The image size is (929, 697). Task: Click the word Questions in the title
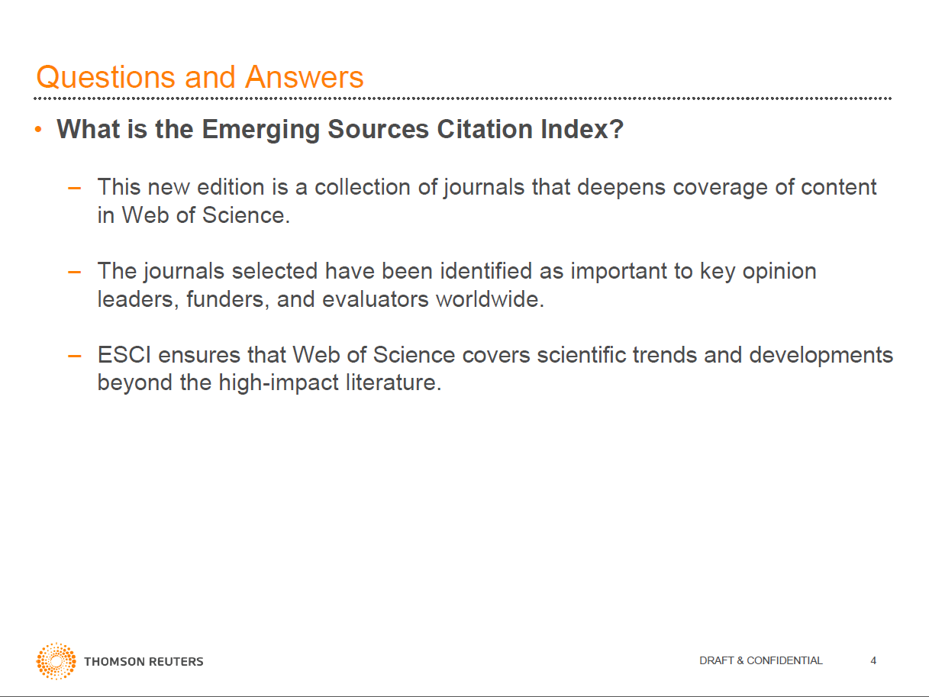tap(105, 78)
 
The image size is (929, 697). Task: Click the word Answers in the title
tap(305, 77)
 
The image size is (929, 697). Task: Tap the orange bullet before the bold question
tap(38, 129)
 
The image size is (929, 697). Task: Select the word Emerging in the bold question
tap(261, 130)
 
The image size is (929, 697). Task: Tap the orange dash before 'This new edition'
tap(75, 188)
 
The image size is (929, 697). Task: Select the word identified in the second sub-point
tap(485, 271)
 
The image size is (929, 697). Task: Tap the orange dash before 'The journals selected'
tap(75, 272)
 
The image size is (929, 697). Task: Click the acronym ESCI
tap(124, 355)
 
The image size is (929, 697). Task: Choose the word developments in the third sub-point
tap(821, 355)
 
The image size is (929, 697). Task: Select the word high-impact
tap(279, 383)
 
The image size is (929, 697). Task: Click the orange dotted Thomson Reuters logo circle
tap(56, 661)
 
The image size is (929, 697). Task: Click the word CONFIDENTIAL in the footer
tap(785, 660)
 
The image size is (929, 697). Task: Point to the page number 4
tap(873, 660)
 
